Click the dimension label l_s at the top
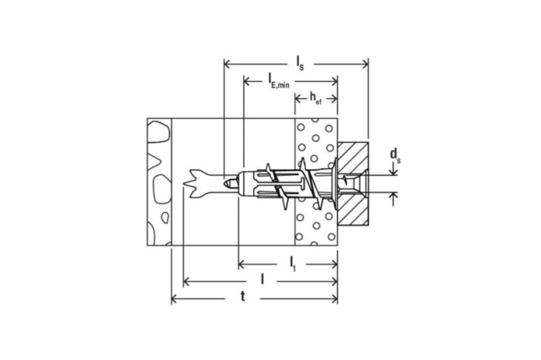tap(300, 63)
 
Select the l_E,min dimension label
tap(279, 81)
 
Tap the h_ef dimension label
tap(315, 98)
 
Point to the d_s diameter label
tap(395, 155)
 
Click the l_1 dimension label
tap(293, 263)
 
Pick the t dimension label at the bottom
tap(243, 297)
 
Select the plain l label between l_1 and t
tap(263, 280)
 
